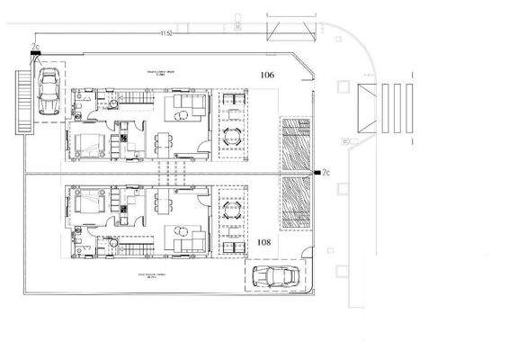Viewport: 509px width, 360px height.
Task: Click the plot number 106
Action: [x=266, y=75]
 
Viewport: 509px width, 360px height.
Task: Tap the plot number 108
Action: [x=264, y=242]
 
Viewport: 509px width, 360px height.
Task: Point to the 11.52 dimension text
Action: [x=165, y=33]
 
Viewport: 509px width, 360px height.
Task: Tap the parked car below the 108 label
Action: [x=273, y=276]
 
